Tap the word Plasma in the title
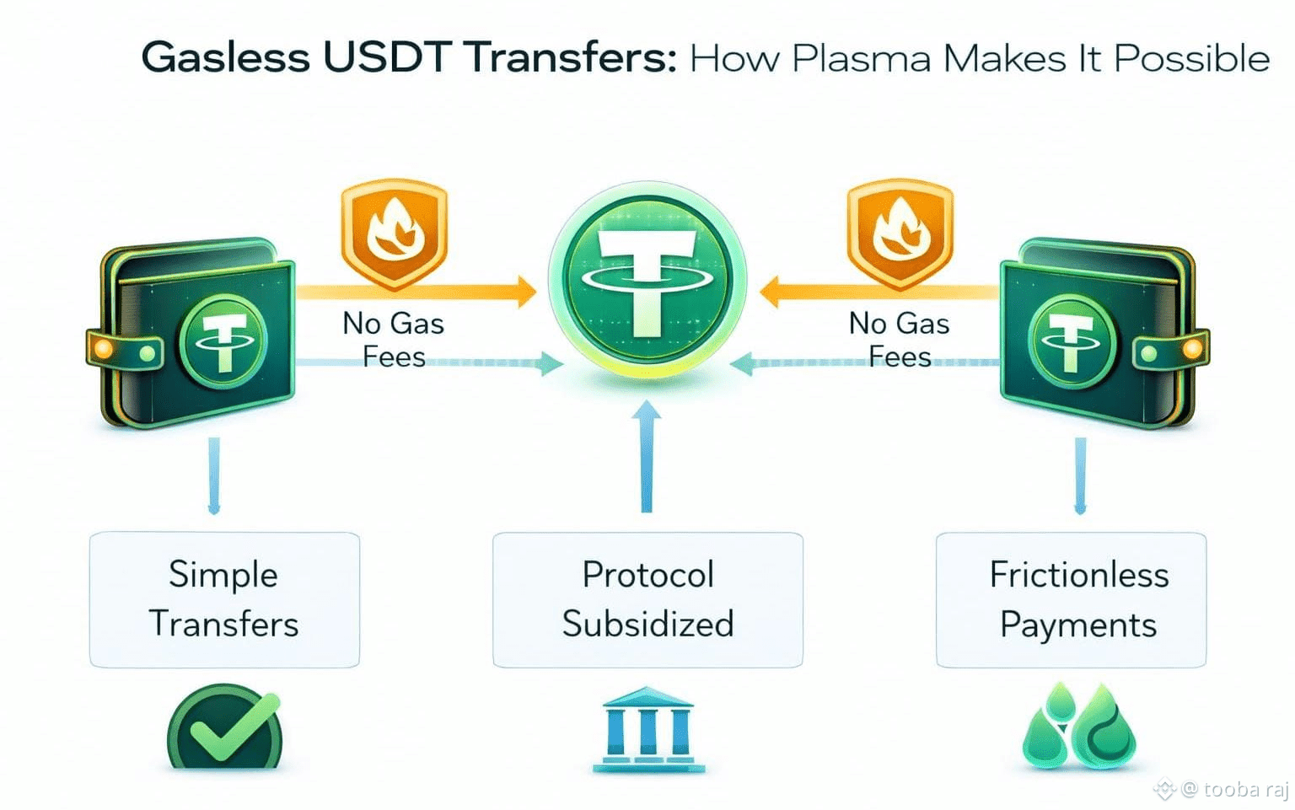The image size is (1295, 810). coord(861,59)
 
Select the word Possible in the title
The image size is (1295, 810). coord(1191,59)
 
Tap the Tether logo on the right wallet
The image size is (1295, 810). coord(1072,341)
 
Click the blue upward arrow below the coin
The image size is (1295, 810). coord(647,455)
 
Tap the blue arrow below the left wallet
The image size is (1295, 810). coord(214,476)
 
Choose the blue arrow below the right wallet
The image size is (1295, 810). coord(1080,476)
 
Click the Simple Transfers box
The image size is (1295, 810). coord(224,599)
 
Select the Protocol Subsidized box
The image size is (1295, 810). coord(647,599)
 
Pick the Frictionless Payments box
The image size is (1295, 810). coord(1071,599)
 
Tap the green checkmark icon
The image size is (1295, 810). coord(225,727)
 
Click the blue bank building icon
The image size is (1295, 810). coord(647,729)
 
